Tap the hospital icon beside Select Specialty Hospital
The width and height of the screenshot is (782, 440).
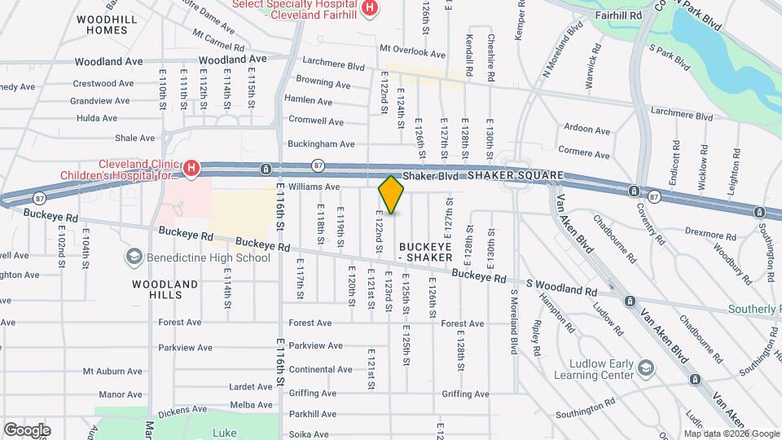[371, 8]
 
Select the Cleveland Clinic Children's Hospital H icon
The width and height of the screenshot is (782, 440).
[191, 169]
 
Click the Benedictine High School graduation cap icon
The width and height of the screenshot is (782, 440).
[133, 257]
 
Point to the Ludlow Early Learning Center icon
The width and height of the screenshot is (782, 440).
[646, 367]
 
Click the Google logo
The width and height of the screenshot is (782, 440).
[27, 429]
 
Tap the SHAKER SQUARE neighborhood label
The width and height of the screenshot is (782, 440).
[516, 176]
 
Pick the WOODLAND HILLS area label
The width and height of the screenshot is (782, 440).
[165, 289]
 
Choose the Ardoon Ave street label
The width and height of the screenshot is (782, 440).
[587, 129]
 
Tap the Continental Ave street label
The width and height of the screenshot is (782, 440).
[320, 369]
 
